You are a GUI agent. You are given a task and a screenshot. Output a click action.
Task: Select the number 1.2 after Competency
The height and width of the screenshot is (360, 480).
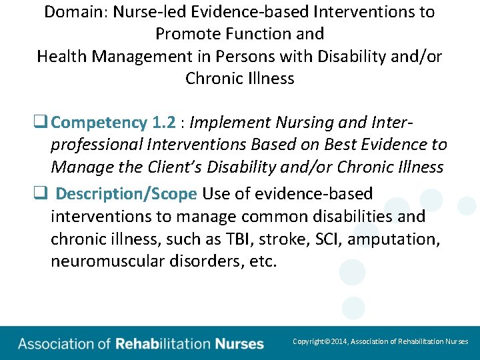[164, 123]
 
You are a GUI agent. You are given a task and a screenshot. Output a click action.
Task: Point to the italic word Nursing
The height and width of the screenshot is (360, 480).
[304, 123]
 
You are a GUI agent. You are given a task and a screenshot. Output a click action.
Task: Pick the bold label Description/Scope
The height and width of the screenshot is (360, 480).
[126, 194]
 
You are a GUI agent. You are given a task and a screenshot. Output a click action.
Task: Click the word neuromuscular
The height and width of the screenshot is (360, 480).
[110, 261]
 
